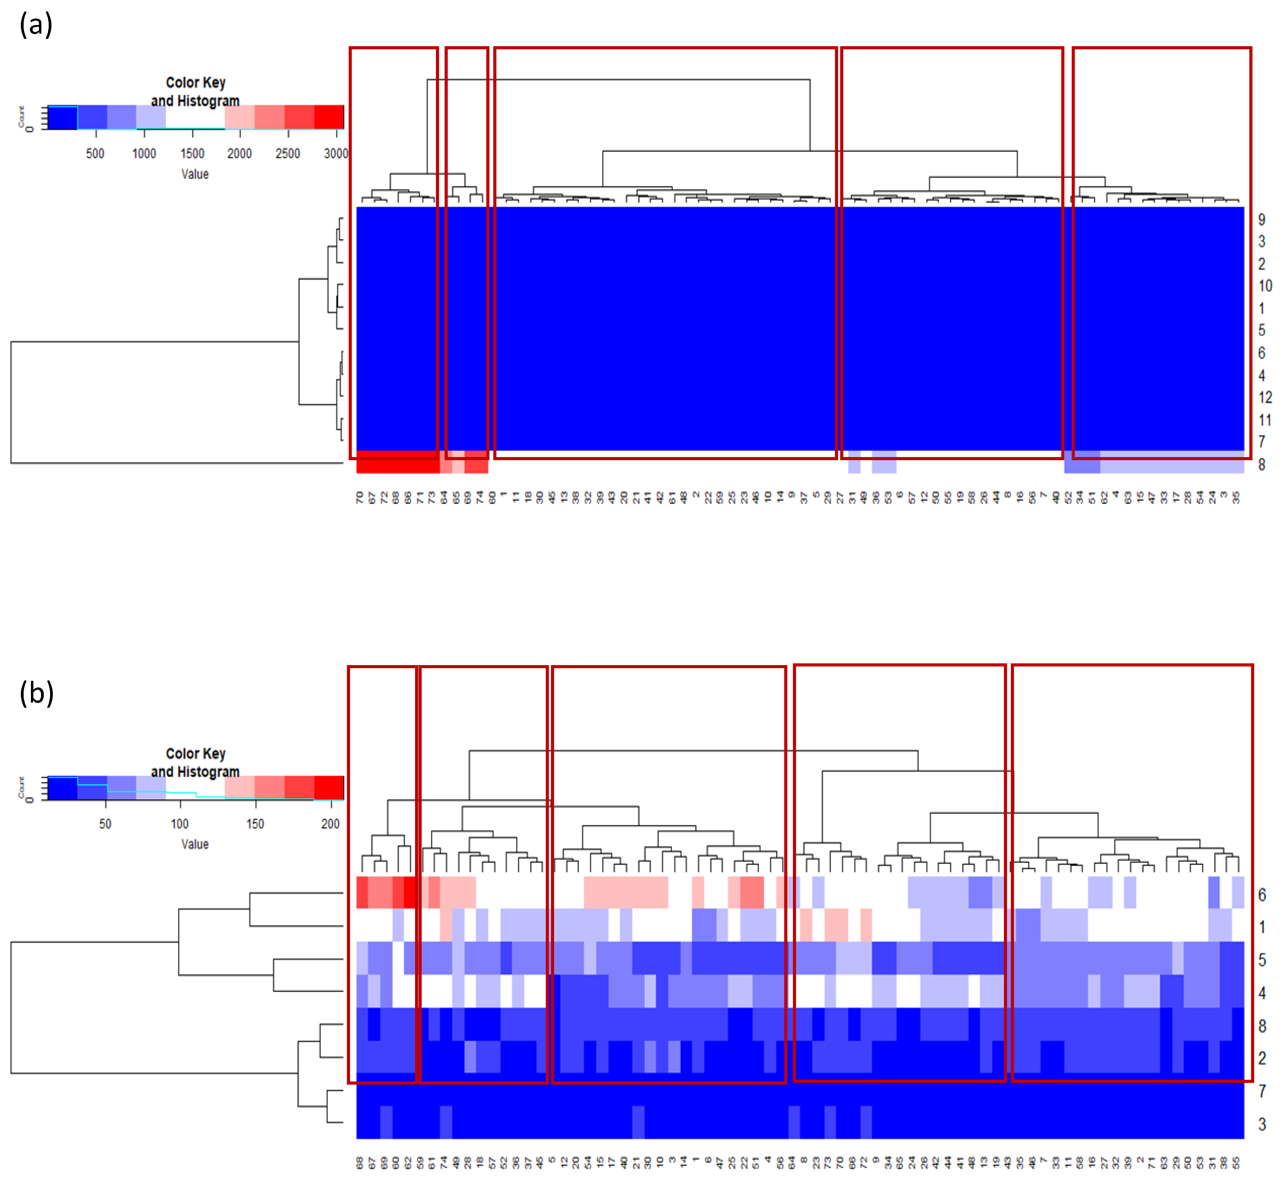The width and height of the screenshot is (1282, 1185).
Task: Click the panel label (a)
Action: point(35,26)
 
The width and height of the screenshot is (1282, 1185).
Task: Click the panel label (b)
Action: point(36,694)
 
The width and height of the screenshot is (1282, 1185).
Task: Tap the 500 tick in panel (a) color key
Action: point(95,153)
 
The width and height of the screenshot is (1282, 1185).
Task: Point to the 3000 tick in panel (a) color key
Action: point(335,153)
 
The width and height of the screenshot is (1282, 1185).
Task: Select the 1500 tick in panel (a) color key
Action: point(192,153)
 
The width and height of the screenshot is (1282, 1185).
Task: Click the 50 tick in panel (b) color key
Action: point(105,824)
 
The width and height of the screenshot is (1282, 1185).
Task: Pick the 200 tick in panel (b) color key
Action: point(331,824)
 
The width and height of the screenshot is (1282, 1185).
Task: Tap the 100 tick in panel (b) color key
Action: point(180,824)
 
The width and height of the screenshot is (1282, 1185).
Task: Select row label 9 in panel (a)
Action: point(1261,220)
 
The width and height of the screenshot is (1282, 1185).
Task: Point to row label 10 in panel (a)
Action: point(1265,286)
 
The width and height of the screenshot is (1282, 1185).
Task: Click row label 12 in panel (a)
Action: point(1265,398)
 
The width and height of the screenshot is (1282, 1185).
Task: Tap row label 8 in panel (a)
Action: point(1261,465)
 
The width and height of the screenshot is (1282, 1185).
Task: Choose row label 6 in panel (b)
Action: point(1261,895)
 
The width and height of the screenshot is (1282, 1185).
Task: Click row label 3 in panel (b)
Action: point(1261,1125)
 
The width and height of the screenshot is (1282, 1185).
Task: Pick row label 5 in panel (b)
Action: point(1261,961)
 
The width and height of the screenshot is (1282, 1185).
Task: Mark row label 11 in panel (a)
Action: point(1265,420)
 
